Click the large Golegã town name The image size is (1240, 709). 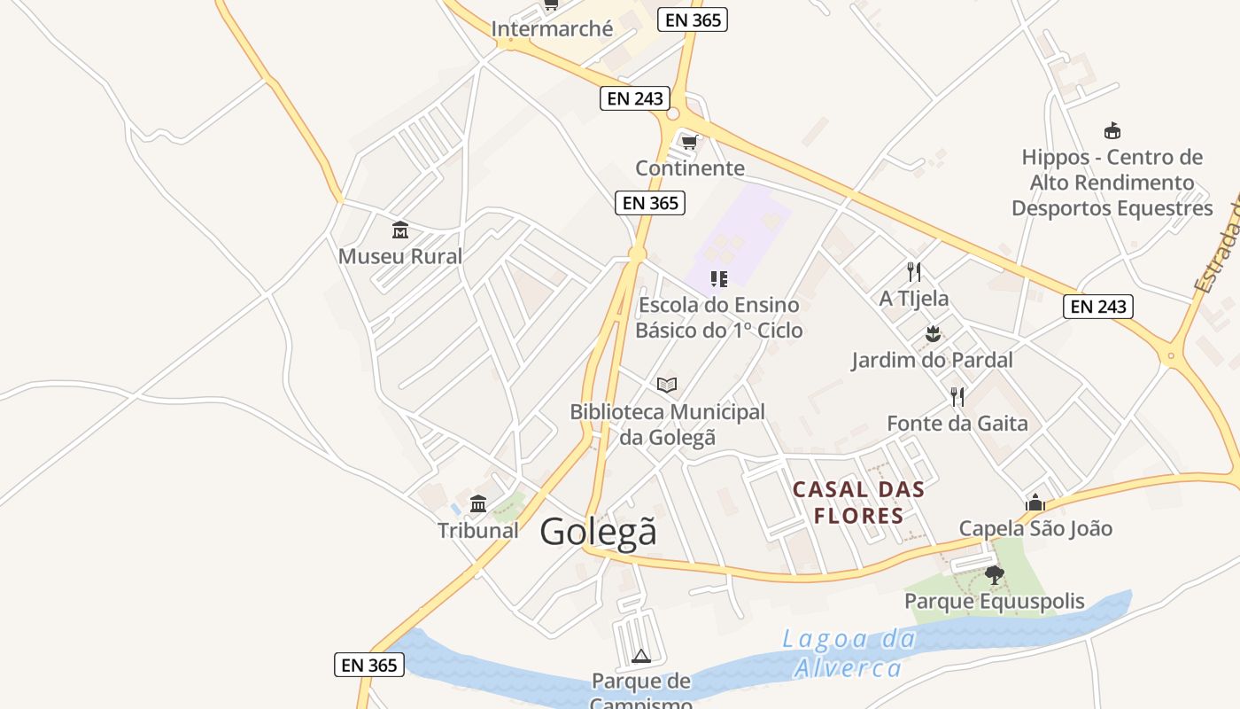pos(599,532)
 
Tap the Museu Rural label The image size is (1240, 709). pos(400,257)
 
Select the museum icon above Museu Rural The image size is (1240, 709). pos(400,230)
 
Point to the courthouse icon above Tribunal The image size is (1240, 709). pos(478,504)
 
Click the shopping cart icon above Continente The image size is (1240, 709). pos(690,141)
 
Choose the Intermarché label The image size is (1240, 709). pos(552,29)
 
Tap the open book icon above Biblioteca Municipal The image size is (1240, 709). pos(667,385)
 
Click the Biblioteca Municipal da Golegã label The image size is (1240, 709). pos(667,425)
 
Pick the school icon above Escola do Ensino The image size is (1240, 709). pos(719,280)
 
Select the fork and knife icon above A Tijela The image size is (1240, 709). pos(914,271)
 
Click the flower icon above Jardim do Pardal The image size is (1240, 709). pos(932,334)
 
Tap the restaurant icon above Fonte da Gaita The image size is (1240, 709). pos(957,396)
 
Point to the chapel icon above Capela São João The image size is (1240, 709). pos(1035,503)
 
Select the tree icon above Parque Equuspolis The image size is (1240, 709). pos(995,575)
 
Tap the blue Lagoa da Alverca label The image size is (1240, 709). pos(848,653)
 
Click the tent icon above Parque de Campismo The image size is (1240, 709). pos(641,656)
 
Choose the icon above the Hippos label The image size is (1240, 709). pos(1112,131)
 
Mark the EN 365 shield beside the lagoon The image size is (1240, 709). pos(369,665)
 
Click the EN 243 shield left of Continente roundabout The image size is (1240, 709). pos(634,98)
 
